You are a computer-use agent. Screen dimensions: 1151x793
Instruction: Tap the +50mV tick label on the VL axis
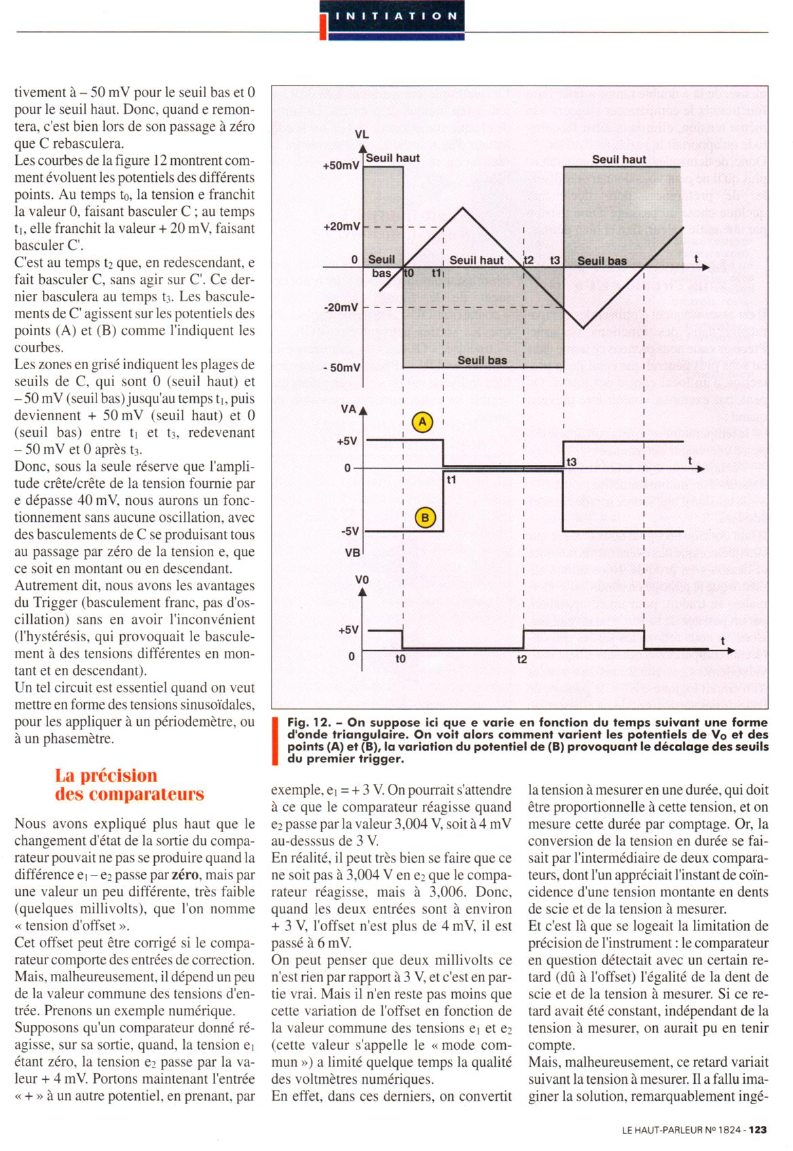342,166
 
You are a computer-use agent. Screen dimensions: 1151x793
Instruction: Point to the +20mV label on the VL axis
342,227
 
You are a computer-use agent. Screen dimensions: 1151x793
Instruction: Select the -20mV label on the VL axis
342,307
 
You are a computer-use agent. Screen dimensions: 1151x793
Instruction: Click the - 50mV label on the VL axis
342,368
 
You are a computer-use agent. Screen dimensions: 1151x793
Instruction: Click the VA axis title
348,409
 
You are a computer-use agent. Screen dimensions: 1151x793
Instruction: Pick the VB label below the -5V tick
352,552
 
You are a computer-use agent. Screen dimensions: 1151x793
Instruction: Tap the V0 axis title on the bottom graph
362,580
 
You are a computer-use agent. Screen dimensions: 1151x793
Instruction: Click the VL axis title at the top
362,134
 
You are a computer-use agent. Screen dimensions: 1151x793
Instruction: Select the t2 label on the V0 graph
521,659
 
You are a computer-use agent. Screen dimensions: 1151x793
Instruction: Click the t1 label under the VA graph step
451,479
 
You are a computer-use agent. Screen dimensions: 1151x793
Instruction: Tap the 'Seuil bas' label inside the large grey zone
482,360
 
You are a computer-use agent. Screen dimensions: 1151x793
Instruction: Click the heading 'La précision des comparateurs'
129,785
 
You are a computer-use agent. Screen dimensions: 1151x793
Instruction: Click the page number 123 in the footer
758,1130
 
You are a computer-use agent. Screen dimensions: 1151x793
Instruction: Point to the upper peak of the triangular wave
463,207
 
